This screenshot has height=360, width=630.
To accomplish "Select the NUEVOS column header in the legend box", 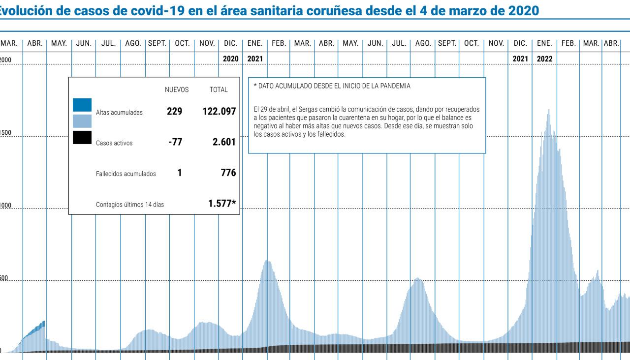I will click(177, 90).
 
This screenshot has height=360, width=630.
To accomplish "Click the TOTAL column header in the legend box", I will click(219, 90).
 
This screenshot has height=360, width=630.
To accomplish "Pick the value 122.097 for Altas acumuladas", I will click(219, 112).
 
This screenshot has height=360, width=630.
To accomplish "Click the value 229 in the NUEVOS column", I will click(174, 112).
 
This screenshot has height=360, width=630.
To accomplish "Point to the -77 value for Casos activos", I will click(175, 143).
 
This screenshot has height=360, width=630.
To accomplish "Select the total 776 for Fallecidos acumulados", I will click(228, 173).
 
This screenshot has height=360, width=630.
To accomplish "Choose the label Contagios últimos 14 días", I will click(130, 205).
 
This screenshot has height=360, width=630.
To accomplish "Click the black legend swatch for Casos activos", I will click(82, 137).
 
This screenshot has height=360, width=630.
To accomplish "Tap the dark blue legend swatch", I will click(82, 105).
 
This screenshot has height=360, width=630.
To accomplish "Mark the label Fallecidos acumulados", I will click(126, 174).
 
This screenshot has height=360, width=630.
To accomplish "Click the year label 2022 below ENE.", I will click(544, 59).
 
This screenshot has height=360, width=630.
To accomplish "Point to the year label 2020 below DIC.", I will click(230, 59).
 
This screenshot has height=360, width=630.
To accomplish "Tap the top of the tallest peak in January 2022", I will click(549, 110).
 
